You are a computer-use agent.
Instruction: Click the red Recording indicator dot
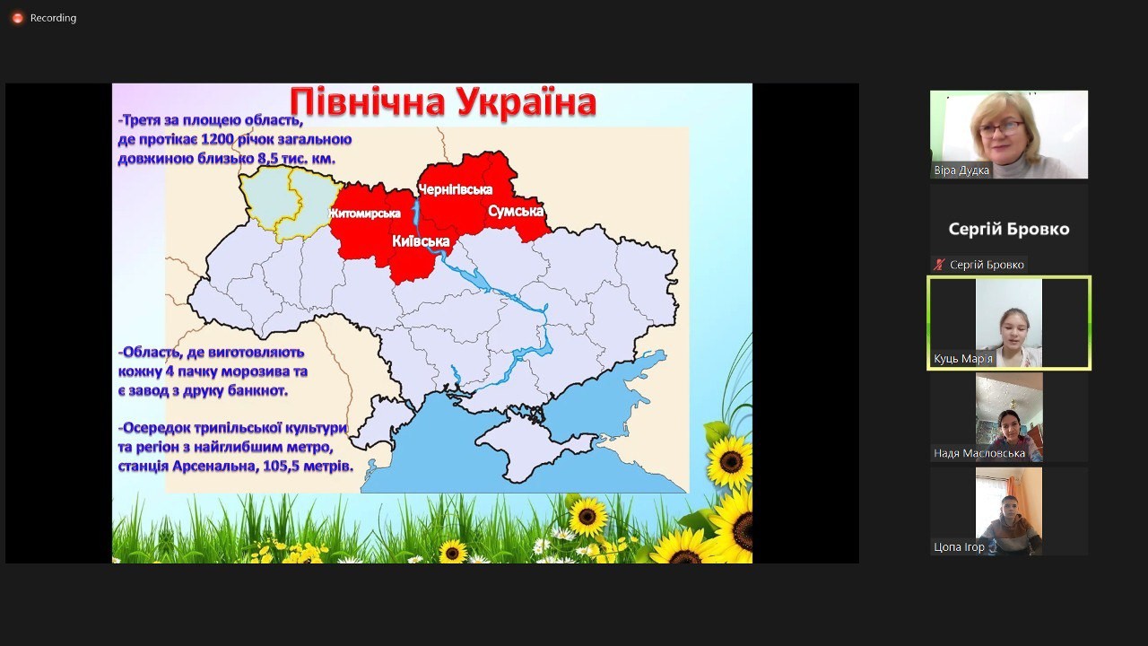click(x=17, y=18)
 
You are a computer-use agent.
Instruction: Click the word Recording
click(x=53, y=18)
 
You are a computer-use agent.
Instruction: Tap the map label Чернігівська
click(x=455, y=189)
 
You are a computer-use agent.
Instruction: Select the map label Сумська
click(x=516, y=211)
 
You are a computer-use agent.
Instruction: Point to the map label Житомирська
click(x=364, y=214)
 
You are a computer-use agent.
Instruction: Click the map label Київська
click(x=421, y=241)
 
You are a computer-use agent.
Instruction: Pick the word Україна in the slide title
click(x=526, y=102)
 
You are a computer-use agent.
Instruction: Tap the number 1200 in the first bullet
click(x=217, y=139)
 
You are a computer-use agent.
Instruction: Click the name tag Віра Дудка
click(x=961, y=170)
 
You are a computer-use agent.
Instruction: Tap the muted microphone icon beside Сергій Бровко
click(x=939, y=265)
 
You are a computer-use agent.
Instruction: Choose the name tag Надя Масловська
click(x=979, y=453)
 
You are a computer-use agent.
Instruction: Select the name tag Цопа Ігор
click(x=959, y=547)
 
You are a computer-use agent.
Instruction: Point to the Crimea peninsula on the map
click(x=533, y=451)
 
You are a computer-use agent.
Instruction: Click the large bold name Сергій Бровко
click(x=1009, y=229)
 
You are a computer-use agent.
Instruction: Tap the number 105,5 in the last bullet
click(x=282, y=467)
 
